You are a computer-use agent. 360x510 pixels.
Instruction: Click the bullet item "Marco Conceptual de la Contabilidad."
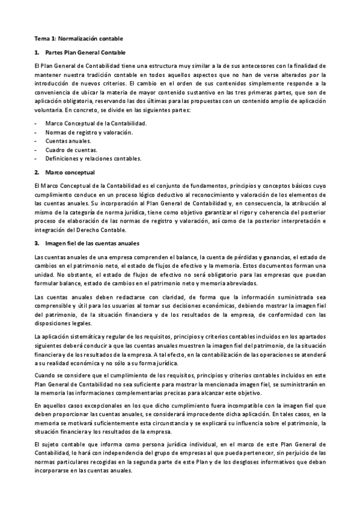coord(96,123)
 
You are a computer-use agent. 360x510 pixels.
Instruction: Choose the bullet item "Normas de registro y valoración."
coord(89,132)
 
